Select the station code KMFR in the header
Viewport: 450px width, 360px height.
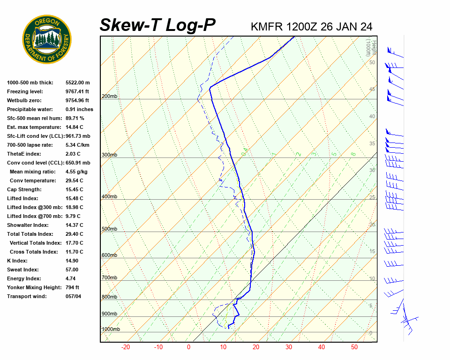pos(267,26)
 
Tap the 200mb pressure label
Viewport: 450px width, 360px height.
pos(109,97)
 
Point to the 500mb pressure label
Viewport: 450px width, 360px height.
pos(109,229)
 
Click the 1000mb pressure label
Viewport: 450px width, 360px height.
pos(111,330)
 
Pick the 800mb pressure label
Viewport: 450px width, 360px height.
pos(109,297)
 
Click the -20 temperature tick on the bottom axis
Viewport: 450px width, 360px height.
pos(126,347)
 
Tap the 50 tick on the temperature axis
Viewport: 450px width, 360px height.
pos(354,347)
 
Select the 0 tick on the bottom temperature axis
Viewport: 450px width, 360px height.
pos(188,347)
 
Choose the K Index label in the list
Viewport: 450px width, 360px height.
pos(17,261)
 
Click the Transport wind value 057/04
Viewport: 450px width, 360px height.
pos(74,296)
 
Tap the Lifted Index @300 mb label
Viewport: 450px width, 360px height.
pos(32,207)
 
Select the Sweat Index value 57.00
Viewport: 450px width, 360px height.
pos(72,270)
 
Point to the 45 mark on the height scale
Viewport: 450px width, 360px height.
pos(372,90)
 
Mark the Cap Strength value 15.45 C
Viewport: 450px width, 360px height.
pos(74,189)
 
